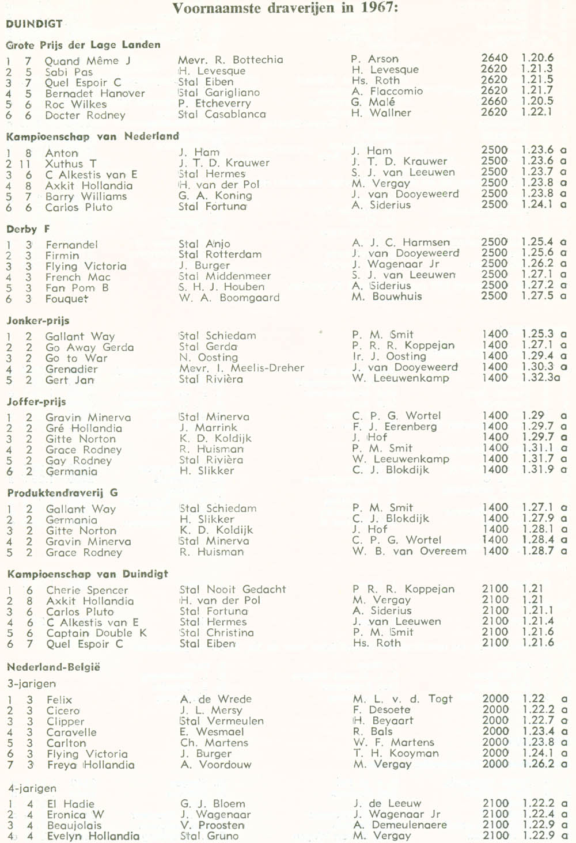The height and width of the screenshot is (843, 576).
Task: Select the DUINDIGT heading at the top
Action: point(34,24)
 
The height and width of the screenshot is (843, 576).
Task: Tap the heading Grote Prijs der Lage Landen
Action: point(83,45)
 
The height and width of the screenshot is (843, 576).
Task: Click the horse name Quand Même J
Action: point(88,60)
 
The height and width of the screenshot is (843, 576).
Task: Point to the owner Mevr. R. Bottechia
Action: point(230,59)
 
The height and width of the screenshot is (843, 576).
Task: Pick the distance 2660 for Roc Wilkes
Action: point(494,101)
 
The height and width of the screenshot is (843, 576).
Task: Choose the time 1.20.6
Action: point(537,58)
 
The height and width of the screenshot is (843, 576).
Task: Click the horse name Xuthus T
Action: point(71,164)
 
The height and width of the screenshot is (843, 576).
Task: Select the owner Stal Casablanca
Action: point(222,114)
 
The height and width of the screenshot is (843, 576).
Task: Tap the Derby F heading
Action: point(28,229)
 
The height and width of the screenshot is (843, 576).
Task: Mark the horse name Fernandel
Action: point(71,244)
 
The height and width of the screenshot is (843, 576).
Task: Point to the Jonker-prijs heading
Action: point(37,321)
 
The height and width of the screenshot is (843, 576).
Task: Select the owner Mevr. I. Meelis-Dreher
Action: point(241,368)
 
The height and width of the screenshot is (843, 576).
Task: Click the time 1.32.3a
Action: point(541,378)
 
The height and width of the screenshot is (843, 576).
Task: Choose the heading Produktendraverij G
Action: point(62,493)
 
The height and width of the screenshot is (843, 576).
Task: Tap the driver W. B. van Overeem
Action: point(410,551)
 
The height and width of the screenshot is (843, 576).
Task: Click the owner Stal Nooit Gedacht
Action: point(232,589)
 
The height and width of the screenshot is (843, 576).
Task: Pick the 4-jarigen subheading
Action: point(32,788)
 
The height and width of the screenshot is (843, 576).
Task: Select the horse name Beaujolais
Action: point(74,825)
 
